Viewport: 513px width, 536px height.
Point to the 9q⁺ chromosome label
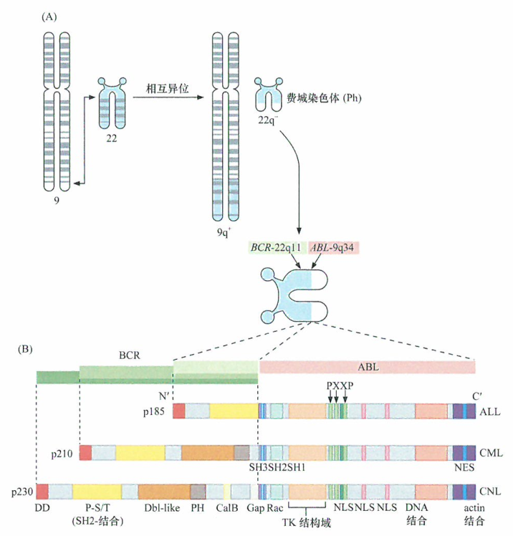pos(224,232)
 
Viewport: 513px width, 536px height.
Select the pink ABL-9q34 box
pos(335,247)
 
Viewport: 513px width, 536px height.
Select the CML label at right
pos(490,453)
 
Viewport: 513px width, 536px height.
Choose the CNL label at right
pos(490,492)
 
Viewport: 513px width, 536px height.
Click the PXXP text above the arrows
pos(340,385)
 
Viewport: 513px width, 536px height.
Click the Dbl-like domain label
pos(159,509)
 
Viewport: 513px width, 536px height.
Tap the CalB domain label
pos(226,509)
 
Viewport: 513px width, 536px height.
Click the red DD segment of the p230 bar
pos(42,492)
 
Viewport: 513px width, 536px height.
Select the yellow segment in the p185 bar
pos(234,411)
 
